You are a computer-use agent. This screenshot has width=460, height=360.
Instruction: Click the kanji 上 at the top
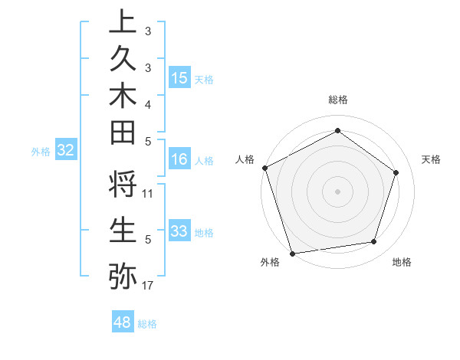[x=123, y=21]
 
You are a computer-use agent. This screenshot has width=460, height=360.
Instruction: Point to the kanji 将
[x=123, y=185]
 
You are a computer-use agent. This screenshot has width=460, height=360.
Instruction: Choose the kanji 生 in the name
[x=123, y=230]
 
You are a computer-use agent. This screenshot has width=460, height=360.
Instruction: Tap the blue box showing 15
[x=179, y=78]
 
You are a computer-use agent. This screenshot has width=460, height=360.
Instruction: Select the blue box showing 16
[x=179, y=159]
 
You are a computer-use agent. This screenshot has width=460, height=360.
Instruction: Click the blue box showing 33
[x=179, y=231]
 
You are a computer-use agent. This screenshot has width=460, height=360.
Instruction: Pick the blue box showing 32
[x=65, y=150]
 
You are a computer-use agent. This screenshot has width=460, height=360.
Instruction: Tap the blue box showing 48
[x=122, y=322]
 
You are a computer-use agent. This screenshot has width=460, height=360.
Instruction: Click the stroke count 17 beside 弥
[x=148, y=286]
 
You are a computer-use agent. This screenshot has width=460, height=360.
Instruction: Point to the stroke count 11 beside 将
[x=148, y=193]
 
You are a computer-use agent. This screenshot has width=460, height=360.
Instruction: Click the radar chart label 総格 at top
[x=337, y=100]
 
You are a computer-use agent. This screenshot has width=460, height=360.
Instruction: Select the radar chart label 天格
[x=431, y=159]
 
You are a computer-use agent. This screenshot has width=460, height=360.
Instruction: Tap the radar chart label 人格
[x=245, y=159]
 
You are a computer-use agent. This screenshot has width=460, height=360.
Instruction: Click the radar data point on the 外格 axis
[x=292, y=253]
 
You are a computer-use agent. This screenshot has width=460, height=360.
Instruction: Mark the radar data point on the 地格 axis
[x=374, y=242]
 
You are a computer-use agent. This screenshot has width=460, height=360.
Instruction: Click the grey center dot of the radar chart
[x=337, y=191]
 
